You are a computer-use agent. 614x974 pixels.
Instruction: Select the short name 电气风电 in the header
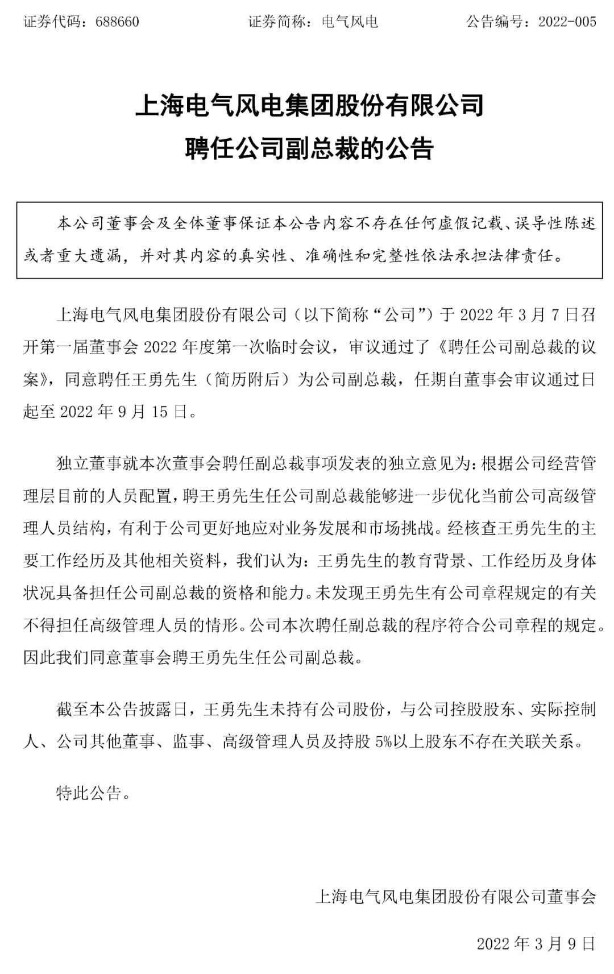tap(350, 22)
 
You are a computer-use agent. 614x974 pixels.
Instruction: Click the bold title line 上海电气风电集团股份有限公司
tap(309, 106)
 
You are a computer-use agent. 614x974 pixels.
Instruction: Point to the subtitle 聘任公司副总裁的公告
tap(309, 149)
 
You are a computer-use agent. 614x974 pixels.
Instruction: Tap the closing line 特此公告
tap(89, 793)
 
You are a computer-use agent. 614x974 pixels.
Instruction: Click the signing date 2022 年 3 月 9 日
tap(536, 943)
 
